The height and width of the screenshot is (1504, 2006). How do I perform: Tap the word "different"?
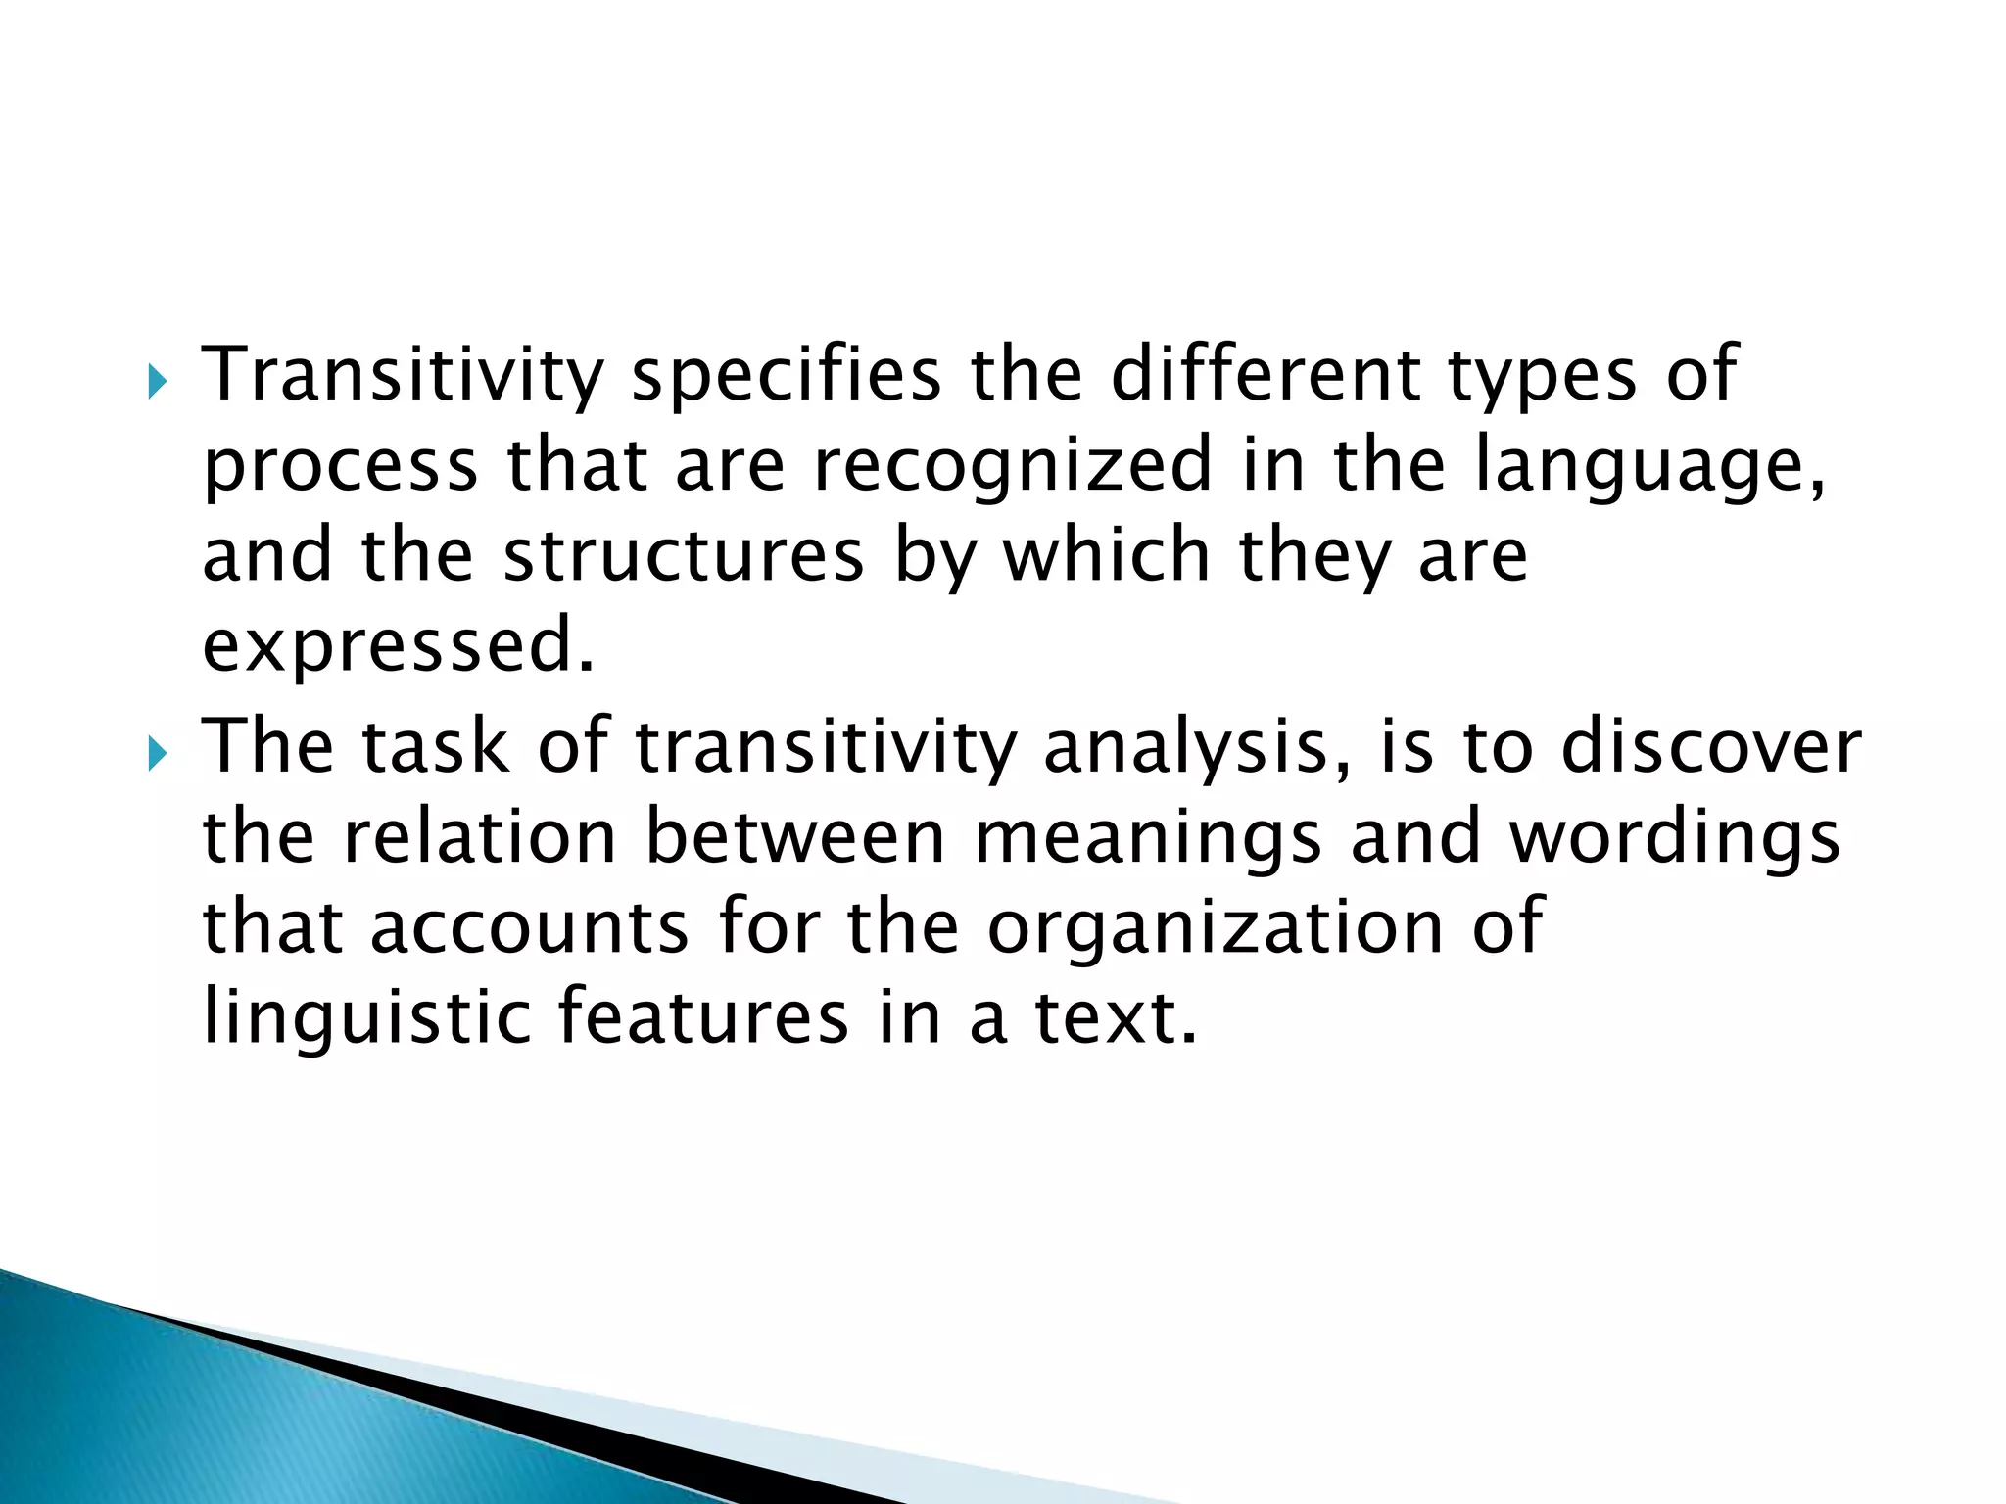coord(1265,374)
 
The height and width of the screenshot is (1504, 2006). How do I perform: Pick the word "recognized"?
coord(1013,466)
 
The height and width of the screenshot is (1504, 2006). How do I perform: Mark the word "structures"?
coord(684,554)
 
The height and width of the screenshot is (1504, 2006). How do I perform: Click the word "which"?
coord(1106,554)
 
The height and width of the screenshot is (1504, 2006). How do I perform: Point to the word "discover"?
coord(1710,746)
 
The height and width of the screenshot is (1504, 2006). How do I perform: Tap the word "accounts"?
coord(529,927)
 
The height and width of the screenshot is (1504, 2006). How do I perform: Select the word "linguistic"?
coord(366,1018)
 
